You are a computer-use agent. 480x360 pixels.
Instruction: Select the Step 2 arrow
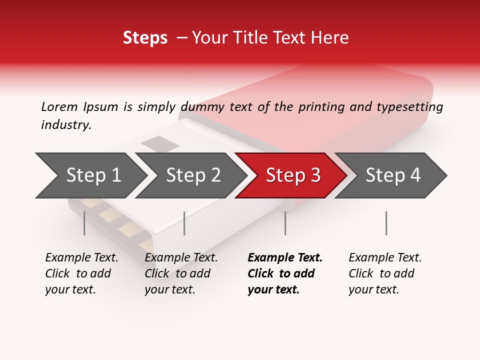coord(193,175)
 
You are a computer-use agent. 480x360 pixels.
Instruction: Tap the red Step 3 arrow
coord(292,175)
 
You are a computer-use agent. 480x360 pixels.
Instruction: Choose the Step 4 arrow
coord(392,175)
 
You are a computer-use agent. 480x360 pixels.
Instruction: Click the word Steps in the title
coord(145,38)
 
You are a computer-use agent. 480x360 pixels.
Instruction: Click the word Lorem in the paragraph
coord(59,106)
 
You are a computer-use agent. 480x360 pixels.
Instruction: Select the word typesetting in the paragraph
coord(409,107)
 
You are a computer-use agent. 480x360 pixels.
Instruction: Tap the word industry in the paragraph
coord(66,125)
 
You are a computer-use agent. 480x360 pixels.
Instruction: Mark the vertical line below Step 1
coord(84,223)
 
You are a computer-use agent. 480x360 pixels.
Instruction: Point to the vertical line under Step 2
coord(184,223)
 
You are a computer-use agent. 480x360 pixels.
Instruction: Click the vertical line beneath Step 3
coord(285,223)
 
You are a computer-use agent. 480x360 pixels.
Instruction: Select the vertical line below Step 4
coord(386,223)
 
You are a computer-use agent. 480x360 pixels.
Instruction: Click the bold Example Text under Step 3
coord(285,258)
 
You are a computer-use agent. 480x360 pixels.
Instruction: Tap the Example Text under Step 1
coord(81,258)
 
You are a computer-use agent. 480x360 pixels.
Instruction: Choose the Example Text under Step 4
coord(385,258)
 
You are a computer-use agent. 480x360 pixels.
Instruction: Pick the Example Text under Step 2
coord(181,258)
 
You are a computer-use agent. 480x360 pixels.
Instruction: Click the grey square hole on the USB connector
coord(159,144)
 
